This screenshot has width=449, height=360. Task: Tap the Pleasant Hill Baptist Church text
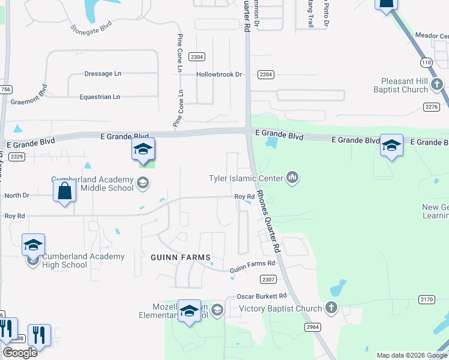tap(405, 85)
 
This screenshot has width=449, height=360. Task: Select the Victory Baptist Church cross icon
tap(331, 308)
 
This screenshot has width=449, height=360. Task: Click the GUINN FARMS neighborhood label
tap(177, 257)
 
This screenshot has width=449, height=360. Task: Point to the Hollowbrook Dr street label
tap(219, 74)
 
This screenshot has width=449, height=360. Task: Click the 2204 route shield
tap(266, 74)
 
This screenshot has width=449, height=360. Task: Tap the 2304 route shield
tap(196, 56)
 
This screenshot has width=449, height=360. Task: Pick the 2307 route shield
tap(268, 279)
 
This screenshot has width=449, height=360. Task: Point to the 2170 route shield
tap(426, 299)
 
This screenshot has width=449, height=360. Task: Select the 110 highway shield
tap(426, 62)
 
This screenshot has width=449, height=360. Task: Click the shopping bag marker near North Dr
tap(64, 191)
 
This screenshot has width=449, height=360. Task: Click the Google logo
tap(19, 353)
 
